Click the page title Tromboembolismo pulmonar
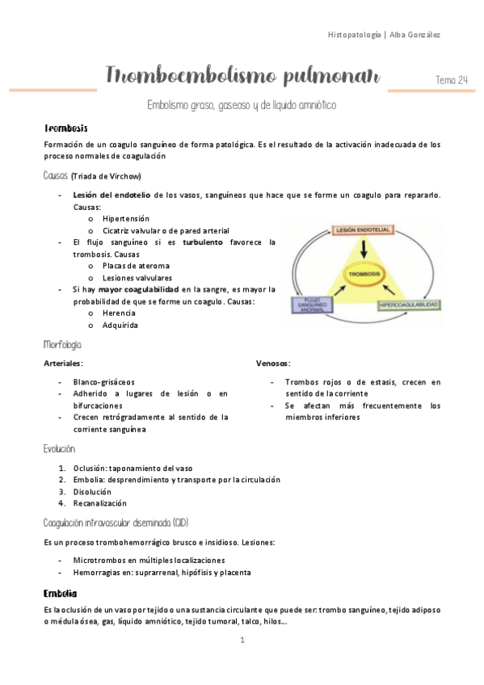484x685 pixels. [x=242, y=77]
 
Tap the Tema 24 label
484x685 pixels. [x=451, y=79]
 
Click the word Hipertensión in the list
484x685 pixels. [x=126, y=218]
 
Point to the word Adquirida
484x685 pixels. [x=120, y=325]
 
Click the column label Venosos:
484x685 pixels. [x=273, y=364]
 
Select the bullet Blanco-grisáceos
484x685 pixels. [x=103, y=381]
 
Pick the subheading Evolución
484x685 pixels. [x=60, y=449]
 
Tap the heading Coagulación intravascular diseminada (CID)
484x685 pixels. [x=116, y=522]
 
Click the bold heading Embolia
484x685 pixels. [x=61, y=593]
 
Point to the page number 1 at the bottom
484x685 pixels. [x=242, y=640]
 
